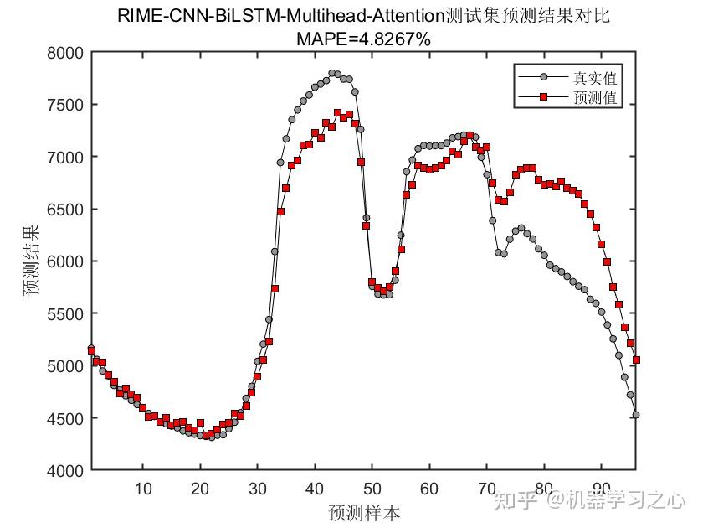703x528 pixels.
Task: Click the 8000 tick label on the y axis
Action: (x=66, y=53)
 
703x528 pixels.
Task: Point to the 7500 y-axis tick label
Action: (x=66, y=105)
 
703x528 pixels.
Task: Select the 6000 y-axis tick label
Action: (x=66, y=261)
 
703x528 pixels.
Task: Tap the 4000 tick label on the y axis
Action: (x=66, y=470)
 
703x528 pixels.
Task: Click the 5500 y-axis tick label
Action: (x=66, y=313)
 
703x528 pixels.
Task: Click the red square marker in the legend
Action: (x=543, y=98)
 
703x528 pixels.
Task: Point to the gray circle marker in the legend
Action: (x=543, y=79)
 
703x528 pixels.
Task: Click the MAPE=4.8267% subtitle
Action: (x=363, y=38)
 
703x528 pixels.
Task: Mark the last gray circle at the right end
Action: (x=636, y=415)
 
